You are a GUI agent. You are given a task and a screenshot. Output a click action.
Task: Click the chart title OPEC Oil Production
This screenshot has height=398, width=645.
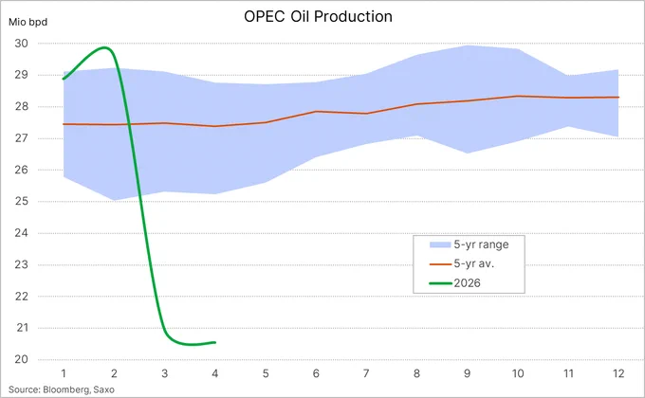click(x=318, y=16)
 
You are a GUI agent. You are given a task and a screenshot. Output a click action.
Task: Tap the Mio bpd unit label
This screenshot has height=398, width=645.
click(x=28, y=22)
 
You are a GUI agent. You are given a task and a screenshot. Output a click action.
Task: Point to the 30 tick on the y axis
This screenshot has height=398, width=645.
click(x=22, y=44)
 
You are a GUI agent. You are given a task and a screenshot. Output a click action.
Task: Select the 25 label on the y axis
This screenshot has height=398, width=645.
click(x=22, y=201)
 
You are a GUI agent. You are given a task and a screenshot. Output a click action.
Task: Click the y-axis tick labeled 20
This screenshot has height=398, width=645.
click(x=22, y=359)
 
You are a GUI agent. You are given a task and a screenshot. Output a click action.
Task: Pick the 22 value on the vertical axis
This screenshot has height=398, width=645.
click(x=22, y=296)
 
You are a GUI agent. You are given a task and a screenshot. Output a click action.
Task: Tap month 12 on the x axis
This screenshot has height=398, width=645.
click(x=618, y=373)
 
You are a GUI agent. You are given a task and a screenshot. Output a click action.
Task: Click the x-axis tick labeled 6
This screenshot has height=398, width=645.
click(x=316, y=373)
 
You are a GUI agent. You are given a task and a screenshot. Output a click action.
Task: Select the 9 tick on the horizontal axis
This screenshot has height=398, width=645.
click(x=467, y=373)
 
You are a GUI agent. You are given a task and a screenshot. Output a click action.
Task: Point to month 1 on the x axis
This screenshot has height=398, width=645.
click(x=64, y=373)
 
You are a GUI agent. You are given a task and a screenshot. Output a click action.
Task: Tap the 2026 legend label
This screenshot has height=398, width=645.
click(x=467, y=283)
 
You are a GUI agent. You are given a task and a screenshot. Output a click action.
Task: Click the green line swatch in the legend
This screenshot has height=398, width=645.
click(x=440, y=283)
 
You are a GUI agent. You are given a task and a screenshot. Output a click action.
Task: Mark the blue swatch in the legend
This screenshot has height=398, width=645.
click(x=440, y=244)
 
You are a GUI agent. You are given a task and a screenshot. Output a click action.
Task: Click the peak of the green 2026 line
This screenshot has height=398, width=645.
click(x=105, y=47)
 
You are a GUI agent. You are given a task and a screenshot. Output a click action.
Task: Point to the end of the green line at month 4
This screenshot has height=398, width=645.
click(x=215, y=342)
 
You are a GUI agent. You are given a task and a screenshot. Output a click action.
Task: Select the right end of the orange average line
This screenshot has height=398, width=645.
click(x=618, y=97)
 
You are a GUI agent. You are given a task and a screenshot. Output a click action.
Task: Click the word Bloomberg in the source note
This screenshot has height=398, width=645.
click(x=66, y=389)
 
